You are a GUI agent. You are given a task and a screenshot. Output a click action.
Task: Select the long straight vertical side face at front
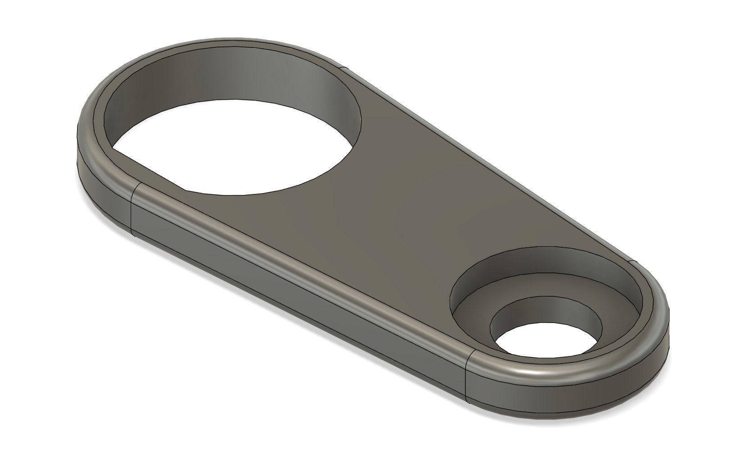(297, 280)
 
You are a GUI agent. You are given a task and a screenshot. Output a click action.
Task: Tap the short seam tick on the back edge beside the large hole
(344, 69)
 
